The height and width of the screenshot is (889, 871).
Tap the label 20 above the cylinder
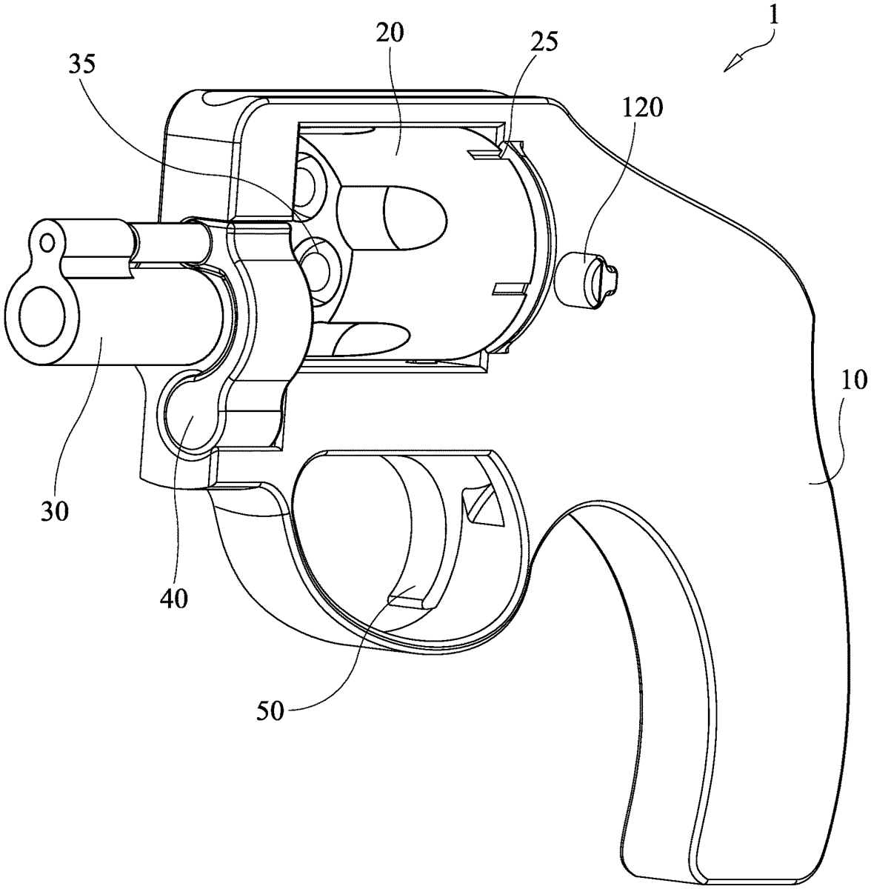pyautogui.click(x=389, y=33)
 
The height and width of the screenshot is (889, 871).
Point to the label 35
pyautogui.click(x=82, y=64)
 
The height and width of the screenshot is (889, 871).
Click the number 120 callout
pyautogui.click(x=642, y=108)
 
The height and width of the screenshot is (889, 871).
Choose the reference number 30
pyautogui.click(x=55, y=510)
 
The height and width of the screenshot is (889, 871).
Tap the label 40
pyautogui.click(x=174, y=599)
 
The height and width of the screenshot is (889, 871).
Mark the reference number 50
pyautogui.click(x=270, y=711)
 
